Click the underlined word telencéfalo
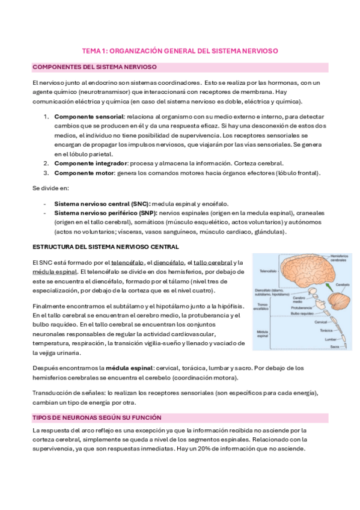point(127,263)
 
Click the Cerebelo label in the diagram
point(343,284)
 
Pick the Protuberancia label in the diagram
point(303,307)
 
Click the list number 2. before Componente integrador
point(46,163)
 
